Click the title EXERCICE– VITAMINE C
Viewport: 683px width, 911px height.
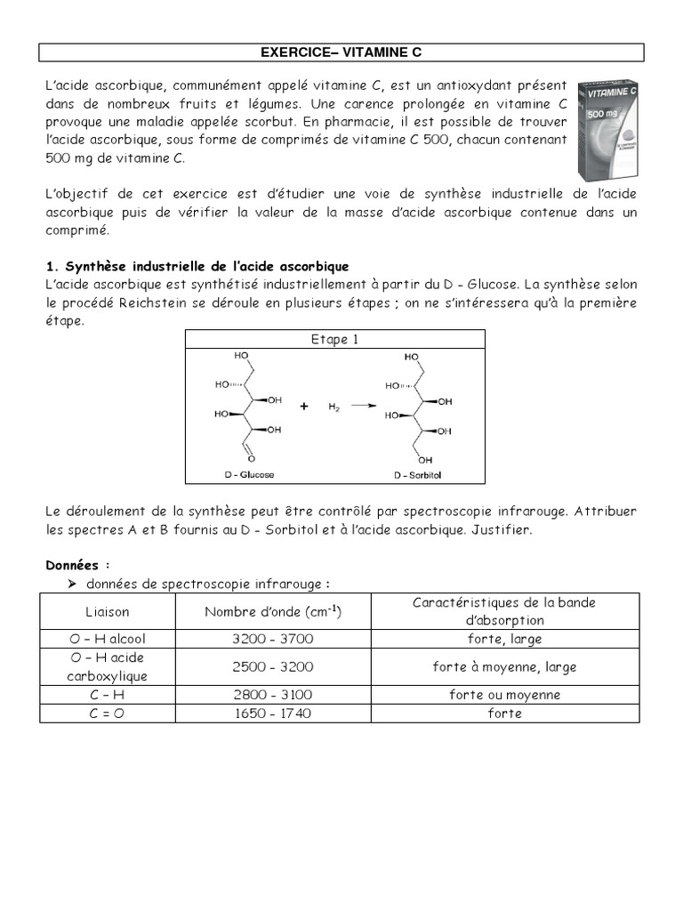pos(341,53)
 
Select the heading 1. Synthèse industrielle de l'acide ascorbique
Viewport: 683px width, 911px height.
pos(197,267)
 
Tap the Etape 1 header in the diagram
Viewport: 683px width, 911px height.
pos(334,339)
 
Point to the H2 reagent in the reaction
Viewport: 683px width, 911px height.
pos(333,407)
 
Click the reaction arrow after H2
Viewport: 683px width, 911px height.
pos(362,406)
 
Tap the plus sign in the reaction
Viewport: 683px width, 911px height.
pos(304,406)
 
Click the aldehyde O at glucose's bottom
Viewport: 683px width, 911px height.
pos(252,459)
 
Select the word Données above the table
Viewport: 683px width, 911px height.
pos(76,564)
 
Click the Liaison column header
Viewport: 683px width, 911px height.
pos(107,612)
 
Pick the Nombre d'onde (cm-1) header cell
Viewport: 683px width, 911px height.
pos(273,612)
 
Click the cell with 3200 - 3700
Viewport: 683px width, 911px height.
pos(273,639)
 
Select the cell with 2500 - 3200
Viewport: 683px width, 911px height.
pos(273,666)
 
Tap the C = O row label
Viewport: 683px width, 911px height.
pos(107,713)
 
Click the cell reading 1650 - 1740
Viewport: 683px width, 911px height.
pos(273,713)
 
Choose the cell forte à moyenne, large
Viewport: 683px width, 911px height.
pos(504,666)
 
